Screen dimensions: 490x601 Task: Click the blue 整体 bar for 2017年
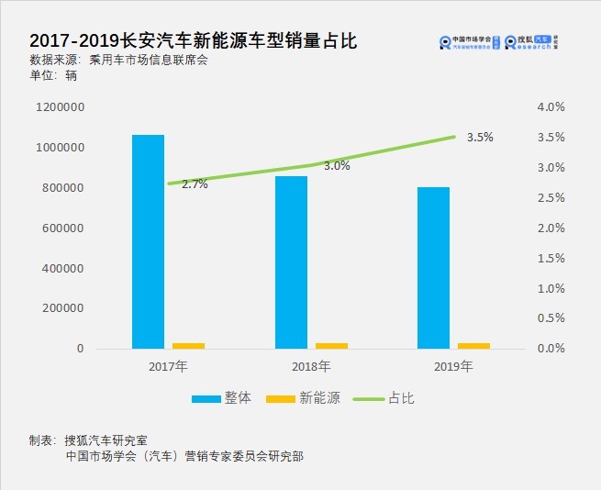pyautogui.click(x=148, y=241)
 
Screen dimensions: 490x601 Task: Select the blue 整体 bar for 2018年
pyautogui.click(x=291, y=262)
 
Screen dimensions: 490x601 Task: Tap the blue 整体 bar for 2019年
pyautogui.click(x=433, y=267)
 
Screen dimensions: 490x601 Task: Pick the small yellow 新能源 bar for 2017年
pyautogui.click(x=189, y=345)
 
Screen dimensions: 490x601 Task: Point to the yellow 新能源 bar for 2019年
pyautogui.click(x=473, y=345)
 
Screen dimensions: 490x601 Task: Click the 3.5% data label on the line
pyautogui.click(x=480, y=138)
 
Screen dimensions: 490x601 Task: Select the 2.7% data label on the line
pyautogui.click(x=195, y=184)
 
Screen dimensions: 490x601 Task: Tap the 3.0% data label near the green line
pyautogui.click(x=337, y=166)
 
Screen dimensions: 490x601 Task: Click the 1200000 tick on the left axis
pyautogui.click(x=61, y=107)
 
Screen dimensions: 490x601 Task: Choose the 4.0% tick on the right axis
pyautogui.click(x=551, y=107)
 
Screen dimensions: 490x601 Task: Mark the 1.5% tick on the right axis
pyautogui.click(x=551, y=259)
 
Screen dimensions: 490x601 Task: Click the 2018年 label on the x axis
pyautogui.click(x=311, y=367)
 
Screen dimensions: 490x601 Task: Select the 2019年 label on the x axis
pyautogui.click(x=453, y=367)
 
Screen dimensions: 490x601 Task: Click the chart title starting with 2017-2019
pyautogui.click(x=193, y=41)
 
